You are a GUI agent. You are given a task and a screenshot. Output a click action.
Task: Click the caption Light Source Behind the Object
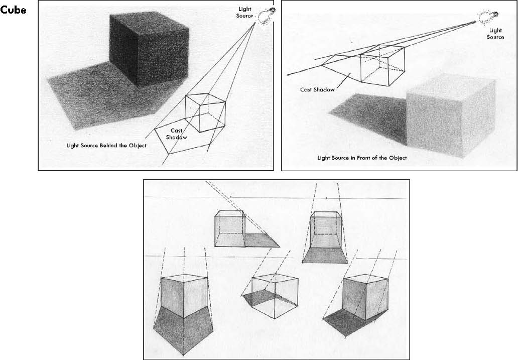tap(106, 146)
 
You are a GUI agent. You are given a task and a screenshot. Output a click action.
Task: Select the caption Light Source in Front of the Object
tap(362, 158)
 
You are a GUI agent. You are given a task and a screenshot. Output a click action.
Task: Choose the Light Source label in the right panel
tap(495, 34)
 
